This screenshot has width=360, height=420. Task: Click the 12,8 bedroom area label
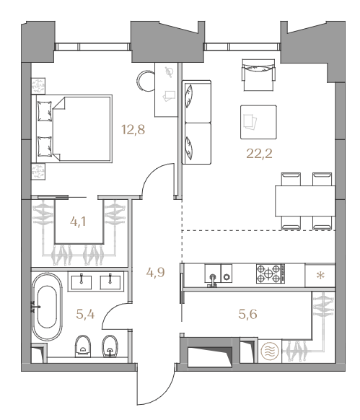coord(133,130)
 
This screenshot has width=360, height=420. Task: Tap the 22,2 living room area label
coord(259,154)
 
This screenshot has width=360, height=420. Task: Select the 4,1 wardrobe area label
coord(78,222)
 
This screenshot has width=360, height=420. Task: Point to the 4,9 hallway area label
coord(155,272)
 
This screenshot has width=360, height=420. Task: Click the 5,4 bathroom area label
coord(85,314)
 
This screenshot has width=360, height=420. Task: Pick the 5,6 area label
coord(247,314)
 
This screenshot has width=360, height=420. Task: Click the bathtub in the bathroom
coord(47,307)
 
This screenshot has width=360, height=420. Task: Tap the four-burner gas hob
coord(270,274)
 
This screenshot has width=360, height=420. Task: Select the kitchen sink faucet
coord(213,280)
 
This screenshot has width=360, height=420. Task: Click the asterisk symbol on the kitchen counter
coord(320,276)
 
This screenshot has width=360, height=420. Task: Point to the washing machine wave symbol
coord(270,351)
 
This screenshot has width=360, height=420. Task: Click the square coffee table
coord(258,122)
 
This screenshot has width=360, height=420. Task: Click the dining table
coord(305,201)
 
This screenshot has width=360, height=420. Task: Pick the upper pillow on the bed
coord(45,111)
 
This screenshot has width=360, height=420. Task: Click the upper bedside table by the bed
coord(38,86)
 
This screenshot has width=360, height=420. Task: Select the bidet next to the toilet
coord(110,346)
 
